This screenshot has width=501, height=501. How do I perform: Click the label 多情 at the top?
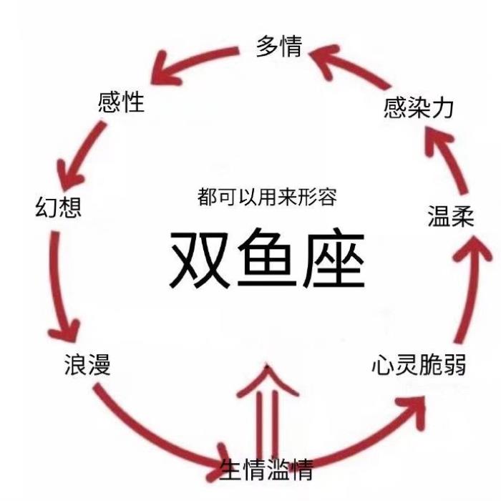pyautogui.click(x=279, y=47)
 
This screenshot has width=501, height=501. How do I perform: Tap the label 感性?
pyautogui.click(x=121, y=102)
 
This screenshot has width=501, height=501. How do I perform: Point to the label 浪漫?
pyautogui.click(x=87, y=366)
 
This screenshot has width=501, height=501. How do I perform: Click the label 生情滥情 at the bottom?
pyautogui.click(x=266, y=470)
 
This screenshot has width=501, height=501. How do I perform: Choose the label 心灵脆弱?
pyautogui.click(x=419, y=365)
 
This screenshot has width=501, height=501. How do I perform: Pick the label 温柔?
pyautogui.click(x=451, y=215)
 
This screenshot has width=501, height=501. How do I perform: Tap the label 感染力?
pyautogui.click(x=419, y=108)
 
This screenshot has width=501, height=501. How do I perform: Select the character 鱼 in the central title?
pyautogui.click(x=267, y=259)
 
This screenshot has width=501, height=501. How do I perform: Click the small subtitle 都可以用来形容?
pyautogui.click(x=267, y=197)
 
